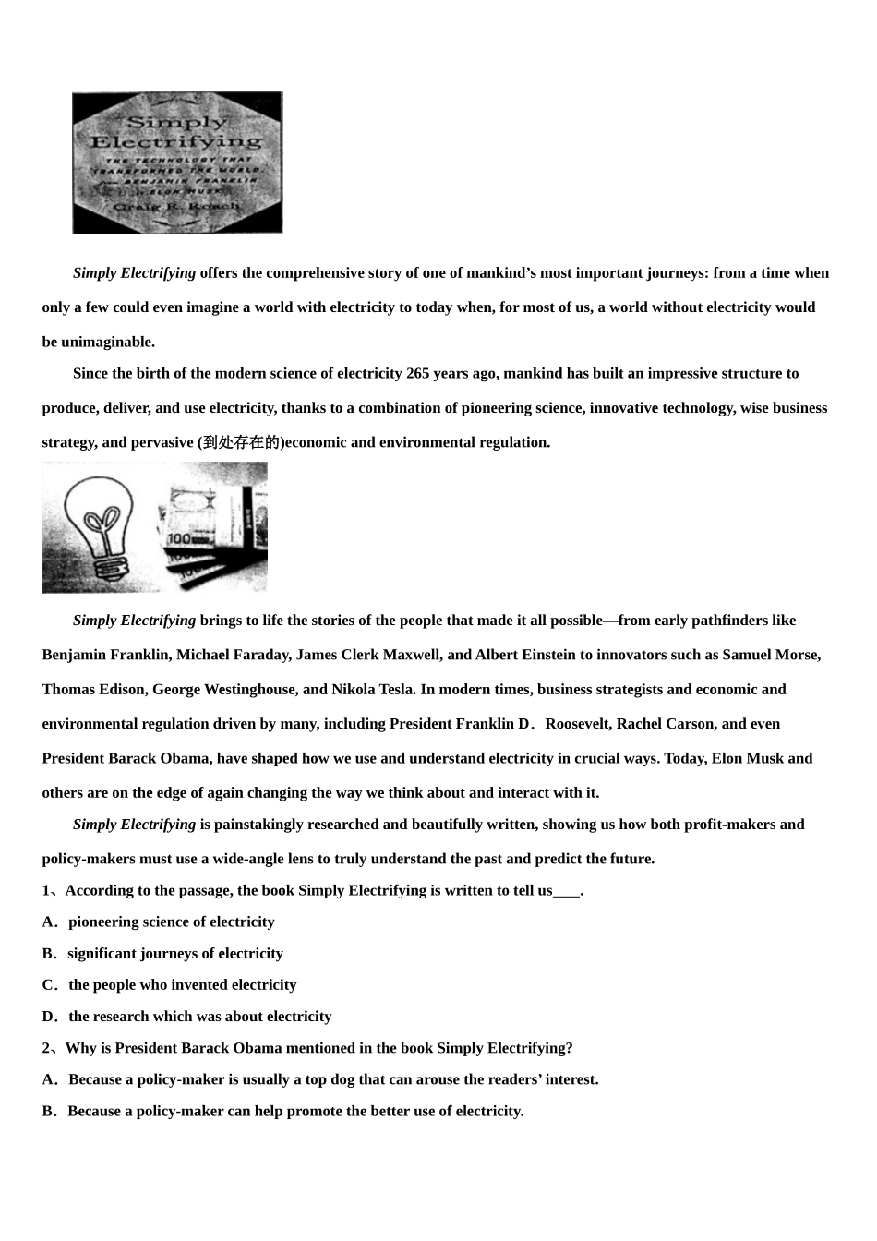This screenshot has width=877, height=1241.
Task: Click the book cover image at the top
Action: click(177, 163)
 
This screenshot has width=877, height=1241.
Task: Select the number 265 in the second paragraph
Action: click(418, 374)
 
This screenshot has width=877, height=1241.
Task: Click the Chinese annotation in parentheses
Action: click(240, 442)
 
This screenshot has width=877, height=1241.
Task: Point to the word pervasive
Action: click(162, 442)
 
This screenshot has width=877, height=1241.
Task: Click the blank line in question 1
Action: click(566, 891)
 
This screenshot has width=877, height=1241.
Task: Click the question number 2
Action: click(47, 1048)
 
